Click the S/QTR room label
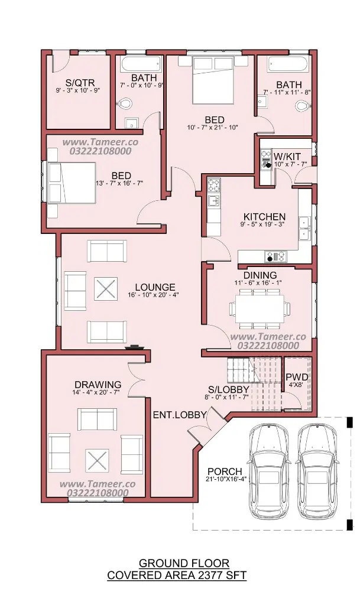pos(80,83)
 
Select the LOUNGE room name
pos(155,288)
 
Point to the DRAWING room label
pos(98,385)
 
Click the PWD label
pos(296,377)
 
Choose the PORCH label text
pos(225,471)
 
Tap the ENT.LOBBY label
pos(180,415)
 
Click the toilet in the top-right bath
pos(303,105)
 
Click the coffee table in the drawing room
pos(96,461)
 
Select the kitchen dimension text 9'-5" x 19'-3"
pos(264,224)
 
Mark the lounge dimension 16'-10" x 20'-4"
pos(153,295)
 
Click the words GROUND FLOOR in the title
pos(184,564)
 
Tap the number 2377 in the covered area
pos(207,575)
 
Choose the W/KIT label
pos(287,157)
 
